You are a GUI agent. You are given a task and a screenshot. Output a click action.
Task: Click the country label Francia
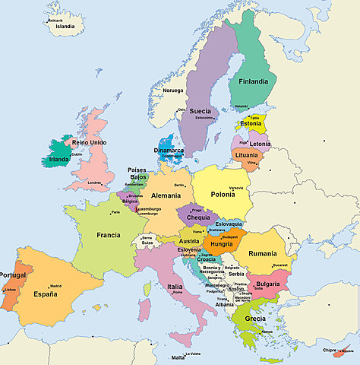pyautogui.click(x=108, y=235)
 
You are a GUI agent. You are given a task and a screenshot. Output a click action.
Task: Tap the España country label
pyautogui.click(x=45, y=293)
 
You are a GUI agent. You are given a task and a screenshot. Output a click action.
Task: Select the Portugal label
pyautogui.click(x=13, y=275)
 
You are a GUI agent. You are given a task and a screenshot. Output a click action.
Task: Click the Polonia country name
pyautogui.click(x=223, y=195)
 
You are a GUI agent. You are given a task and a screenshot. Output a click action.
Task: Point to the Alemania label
pyautogui.click(x=166, y=195)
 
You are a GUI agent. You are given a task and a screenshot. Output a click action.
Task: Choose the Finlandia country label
pyautogui.click(x=253, y=81)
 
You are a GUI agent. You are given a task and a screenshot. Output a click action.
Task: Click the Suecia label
pyautogui.click(x=200, y=111)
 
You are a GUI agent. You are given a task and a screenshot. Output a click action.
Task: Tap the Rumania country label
pyautogui.click(x=262, y=253)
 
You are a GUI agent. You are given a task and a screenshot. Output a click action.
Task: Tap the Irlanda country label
pyautogui.click(x=59, y=160)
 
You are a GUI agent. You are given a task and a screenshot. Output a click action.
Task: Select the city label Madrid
pyautogui.click(x=55, y=286)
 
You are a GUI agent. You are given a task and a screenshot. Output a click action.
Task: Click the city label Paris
pyautogui.click(x=115, y=212)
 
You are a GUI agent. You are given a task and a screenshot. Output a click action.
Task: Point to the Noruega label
pyautogui.click(x=172, y=90)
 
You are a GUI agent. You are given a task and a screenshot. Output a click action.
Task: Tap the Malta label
pyautogui.click(x=178, y=357)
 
